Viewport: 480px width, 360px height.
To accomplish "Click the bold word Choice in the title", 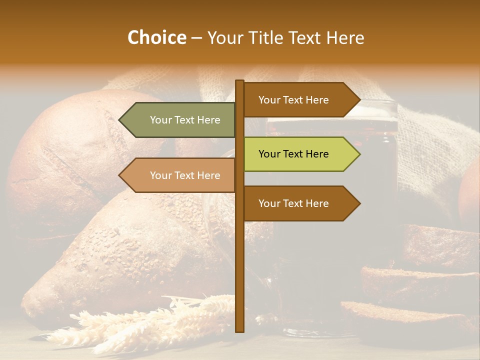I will pos(156,38).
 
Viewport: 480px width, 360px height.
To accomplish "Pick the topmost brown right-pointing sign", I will pos(300,100).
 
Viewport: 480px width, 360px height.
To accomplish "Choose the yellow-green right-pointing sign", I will pos(300,154).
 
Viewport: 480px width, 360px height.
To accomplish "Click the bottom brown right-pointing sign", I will pos(300,203).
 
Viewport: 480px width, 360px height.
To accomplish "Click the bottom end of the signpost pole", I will pos(239,330).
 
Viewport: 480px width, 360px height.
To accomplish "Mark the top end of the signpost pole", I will pos(239,82).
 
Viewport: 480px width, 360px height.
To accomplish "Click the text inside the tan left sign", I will pos(185,175).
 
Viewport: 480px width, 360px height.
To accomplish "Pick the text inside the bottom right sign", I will pos(293,203).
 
